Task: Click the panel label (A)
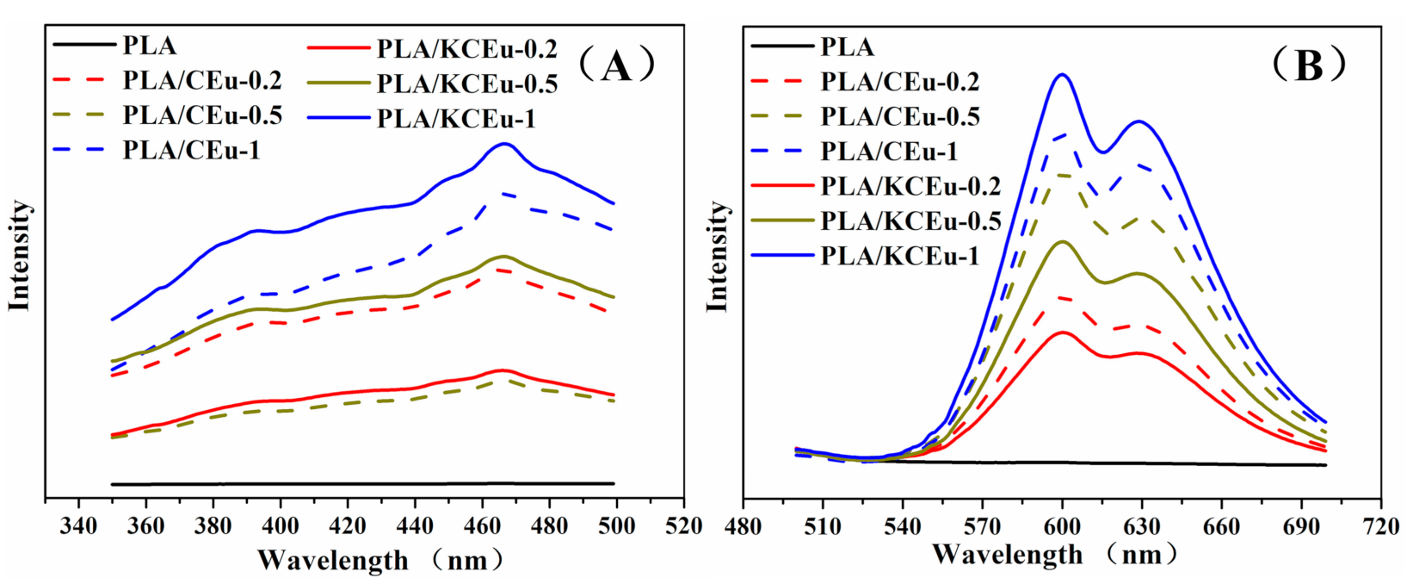click(616, 65)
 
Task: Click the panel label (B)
click(1308, 65)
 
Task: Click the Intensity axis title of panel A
click(19, 256)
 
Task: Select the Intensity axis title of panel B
click(716, 256)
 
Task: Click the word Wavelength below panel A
click(333, 560)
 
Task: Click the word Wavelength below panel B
click(1008, 554)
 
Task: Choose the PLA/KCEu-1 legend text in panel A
click(456, 118)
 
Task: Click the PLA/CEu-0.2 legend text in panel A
click(202, 80)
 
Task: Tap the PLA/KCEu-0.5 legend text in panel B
click(910, 221)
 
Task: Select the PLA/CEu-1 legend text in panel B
click(889, 151)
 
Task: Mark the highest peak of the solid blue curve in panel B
click(1062, 74)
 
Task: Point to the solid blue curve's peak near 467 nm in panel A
click(504, 144)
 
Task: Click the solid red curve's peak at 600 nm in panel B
click(1063, 332)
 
